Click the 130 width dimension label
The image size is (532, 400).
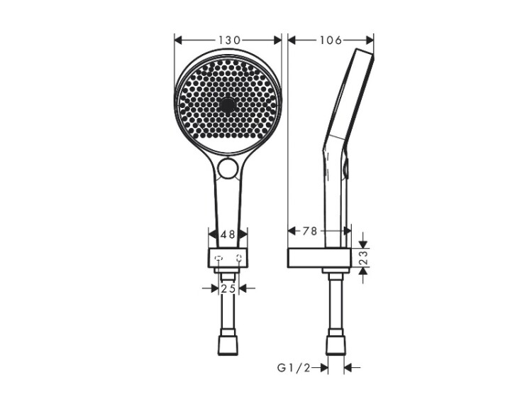pyautogui.click(x=229, y=40)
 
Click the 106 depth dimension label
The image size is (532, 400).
pyautogui.click(x=331, y=40)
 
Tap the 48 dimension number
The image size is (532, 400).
pyautogui.click(x=228, y=234)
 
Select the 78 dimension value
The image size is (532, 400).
pyautogui.click(x=309, y=231)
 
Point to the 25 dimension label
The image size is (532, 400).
pyautogui.click(x=228, y=288)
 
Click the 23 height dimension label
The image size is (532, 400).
pyautogui.click(x=363, y=258)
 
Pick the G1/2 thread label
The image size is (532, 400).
pyautogui.click(x=294, y=368)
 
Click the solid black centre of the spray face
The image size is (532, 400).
pyautogui.click(x=227, y=104)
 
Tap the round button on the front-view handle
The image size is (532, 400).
pyautogui.click(x=227, y=168)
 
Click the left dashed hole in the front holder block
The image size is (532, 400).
pyautogui.click(x=219, y=259)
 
